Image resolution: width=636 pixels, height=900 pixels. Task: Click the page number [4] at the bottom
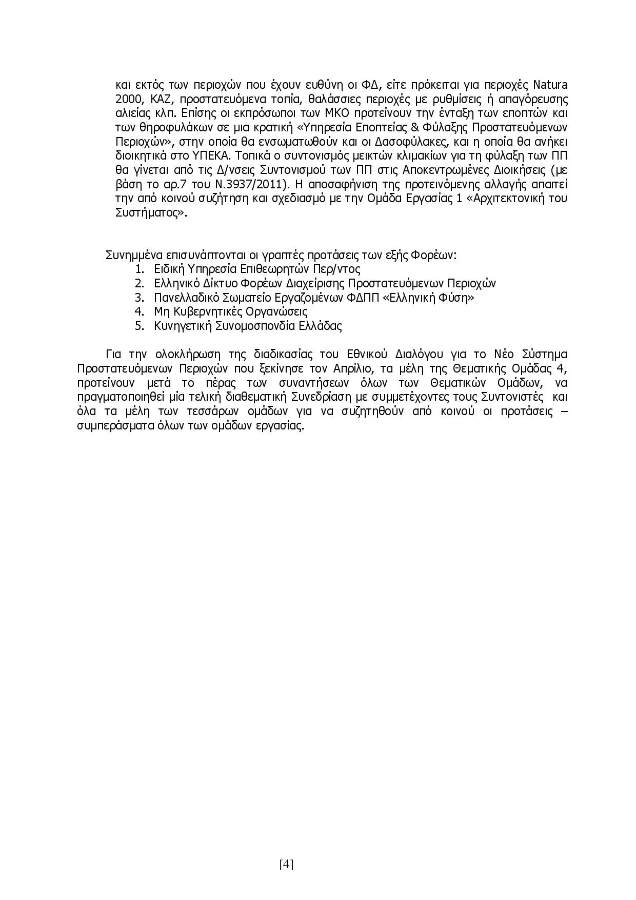point(286,865)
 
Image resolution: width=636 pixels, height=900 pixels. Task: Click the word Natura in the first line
point(551,85)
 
